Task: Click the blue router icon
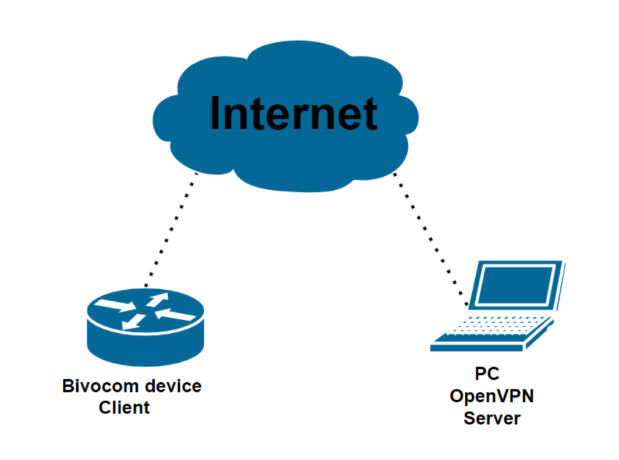click(x=145, y=327)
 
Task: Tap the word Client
click(x=125, y=407)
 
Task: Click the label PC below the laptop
click(x=487, y=374)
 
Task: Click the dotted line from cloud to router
click(x=172, y=229)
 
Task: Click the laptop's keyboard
click(x=496, y=329)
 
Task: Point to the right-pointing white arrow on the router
click(x=118, y=305)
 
